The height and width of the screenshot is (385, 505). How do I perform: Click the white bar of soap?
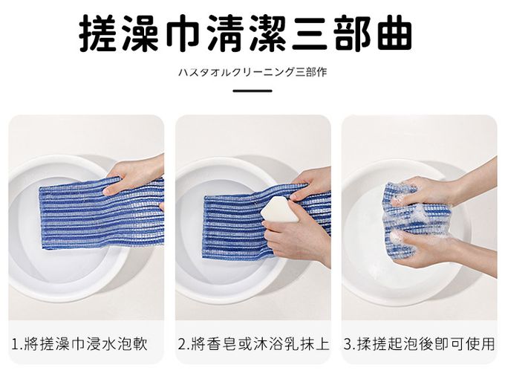(x=280, y=210)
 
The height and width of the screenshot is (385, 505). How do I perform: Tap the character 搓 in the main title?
(x=98, y=33)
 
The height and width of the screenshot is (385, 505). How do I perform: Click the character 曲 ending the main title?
(x=394, y=33)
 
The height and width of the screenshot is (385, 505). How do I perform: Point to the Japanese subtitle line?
(x=252, y=72)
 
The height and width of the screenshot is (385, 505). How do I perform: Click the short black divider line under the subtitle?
(x=252, y=91)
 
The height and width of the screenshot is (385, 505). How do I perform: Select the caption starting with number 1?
(x=79, y=343)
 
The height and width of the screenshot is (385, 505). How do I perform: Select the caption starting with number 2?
(x=253, y=343)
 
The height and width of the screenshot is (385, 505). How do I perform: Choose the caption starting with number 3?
(x=419, y=343)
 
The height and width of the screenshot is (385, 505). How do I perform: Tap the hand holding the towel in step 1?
(x=135, y=175)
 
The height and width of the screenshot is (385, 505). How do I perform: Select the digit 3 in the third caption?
(x=348, y=344)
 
